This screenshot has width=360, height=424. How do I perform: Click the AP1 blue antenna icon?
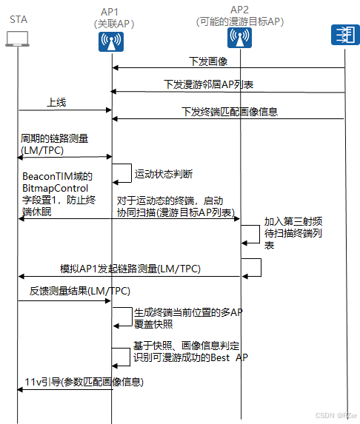coord(111,43)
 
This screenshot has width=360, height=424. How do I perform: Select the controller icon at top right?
coord(344,36)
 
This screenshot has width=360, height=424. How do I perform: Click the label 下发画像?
coord(204,60)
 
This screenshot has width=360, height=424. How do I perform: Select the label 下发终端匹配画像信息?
coord(230,112)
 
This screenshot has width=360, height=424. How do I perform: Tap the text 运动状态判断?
coord(164,175)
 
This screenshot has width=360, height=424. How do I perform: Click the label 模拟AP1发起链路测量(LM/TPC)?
coord(130,267)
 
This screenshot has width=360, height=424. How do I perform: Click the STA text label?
coord(18,19)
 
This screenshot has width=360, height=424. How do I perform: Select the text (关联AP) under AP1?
coord(112,24)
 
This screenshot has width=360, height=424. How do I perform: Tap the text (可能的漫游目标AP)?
coord(240,21)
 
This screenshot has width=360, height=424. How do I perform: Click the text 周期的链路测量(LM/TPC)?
coord(53,144)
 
